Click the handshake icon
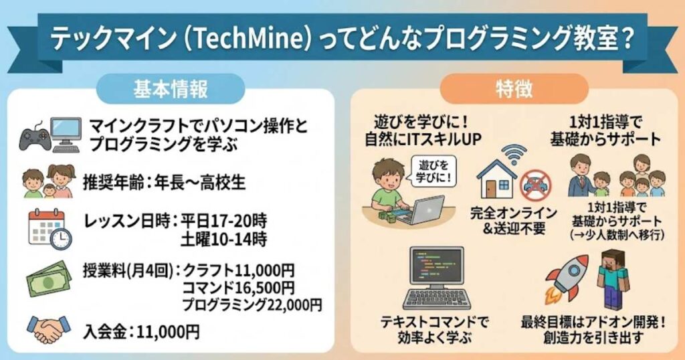click(x=47, y=329)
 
